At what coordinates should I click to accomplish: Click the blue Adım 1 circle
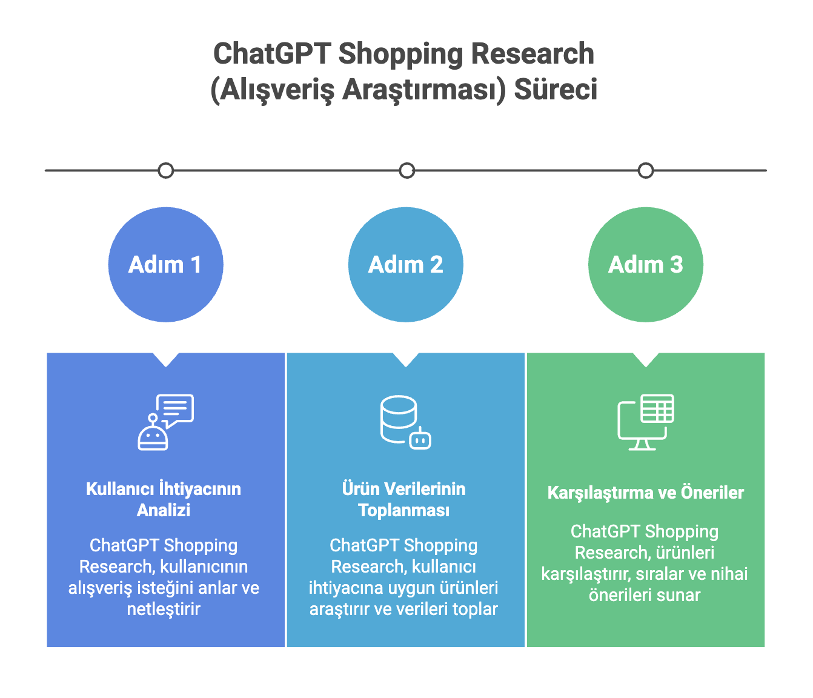click(x=165, y=265)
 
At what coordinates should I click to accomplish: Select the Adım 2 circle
click(x=405, y=265)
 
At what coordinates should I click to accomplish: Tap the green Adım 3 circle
click(x=645, y=265)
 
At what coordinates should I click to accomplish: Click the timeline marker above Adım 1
click(x=165, y=171)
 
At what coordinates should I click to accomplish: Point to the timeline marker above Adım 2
click(x=407, y=171)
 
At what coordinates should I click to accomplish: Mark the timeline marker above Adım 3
click(x=646, y=171)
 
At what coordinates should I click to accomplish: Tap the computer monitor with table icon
click(x=645, y=422)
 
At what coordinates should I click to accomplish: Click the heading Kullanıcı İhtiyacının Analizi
click(x=164, y=499)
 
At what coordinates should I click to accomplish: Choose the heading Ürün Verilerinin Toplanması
click(x=403, y=499)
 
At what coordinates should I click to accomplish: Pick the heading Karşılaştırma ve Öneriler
click(x=645, y=493)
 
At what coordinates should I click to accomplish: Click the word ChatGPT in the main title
click(x=272, y=54)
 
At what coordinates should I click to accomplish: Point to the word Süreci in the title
click(x=556, y=90)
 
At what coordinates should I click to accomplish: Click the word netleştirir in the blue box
click(x=164, y=609)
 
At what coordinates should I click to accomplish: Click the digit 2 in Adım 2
click(x=436, y=265)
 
